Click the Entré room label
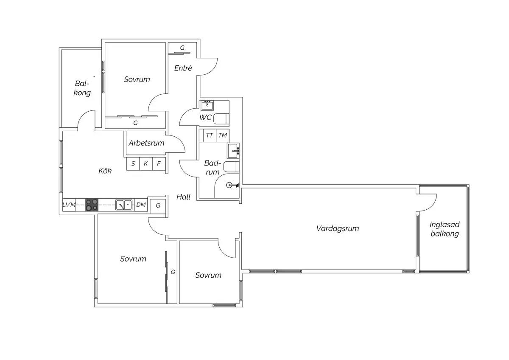click(x=183, y=68)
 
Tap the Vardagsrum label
click(x=338, y=228)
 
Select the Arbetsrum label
click(x=146, y=143)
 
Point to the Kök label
click(x=105, y=171)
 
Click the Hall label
click(x=183, y=197)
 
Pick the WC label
click(x=205, y=117)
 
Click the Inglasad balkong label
click(x=445, y=229)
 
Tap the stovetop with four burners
click(x=92, y=205)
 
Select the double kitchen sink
click(x=124, y=205)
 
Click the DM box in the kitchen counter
click(x=141, y=205)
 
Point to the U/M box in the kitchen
click(x=69, y=205)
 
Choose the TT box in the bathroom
click(x=209, y=135)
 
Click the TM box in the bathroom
click(x=222, y=135)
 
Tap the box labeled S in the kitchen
click(x=133, y=163)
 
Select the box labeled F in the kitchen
click(x=159, y=163)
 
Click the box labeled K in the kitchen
click(x=146, y=163)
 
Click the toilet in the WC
click(x=221, y=119)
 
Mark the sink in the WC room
click(x=207, y=105)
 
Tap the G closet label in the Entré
click(x=182, y=48)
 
